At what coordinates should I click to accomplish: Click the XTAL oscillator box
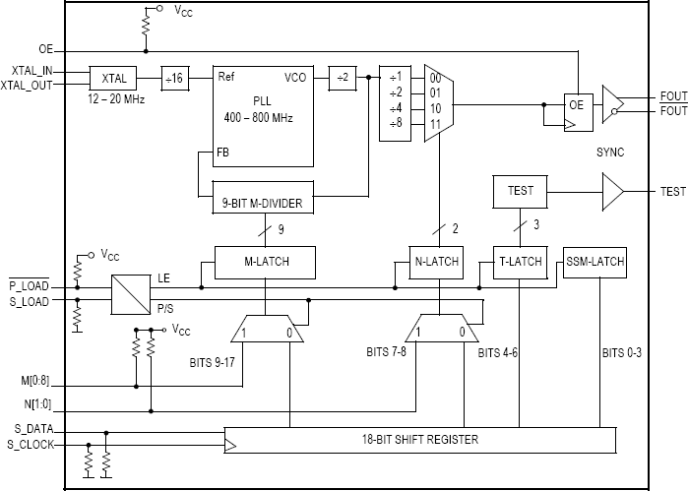tap(113, 78)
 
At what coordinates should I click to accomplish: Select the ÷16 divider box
tap(175, 79)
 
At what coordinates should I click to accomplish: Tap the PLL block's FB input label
tap(222, 153)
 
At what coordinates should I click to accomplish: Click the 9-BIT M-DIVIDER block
tap(263, 197)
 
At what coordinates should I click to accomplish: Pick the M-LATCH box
tap(265, 263)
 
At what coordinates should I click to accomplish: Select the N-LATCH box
tap(436, 263)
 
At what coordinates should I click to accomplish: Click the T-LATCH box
tap(521, 263)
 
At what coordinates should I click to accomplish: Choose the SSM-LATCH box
tap(594, 263)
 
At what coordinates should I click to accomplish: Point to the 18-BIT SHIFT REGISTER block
tap(420, 440)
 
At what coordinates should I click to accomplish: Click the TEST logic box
tap(521, 192)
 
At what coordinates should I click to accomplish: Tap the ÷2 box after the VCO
tap(343, 78)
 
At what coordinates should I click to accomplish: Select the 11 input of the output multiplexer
tap(435, 124)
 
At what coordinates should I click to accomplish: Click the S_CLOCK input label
tap(31, 445)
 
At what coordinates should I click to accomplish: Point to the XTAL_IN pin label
tap(32, 71)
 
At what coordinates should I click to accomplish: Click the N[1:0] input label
tap(37, 403)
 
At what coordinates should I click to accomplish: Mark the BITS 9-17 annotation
tap(212, 362)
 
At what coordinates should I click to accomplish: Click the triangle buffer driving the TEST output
tap(613, 192)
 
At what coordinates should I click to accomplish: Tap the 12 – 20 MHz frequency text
tap(116, 99)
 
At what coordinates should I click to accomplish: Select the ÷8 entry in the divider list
tap(396, 123)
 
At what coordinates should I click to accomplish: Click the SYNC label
tap(610, 153)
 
